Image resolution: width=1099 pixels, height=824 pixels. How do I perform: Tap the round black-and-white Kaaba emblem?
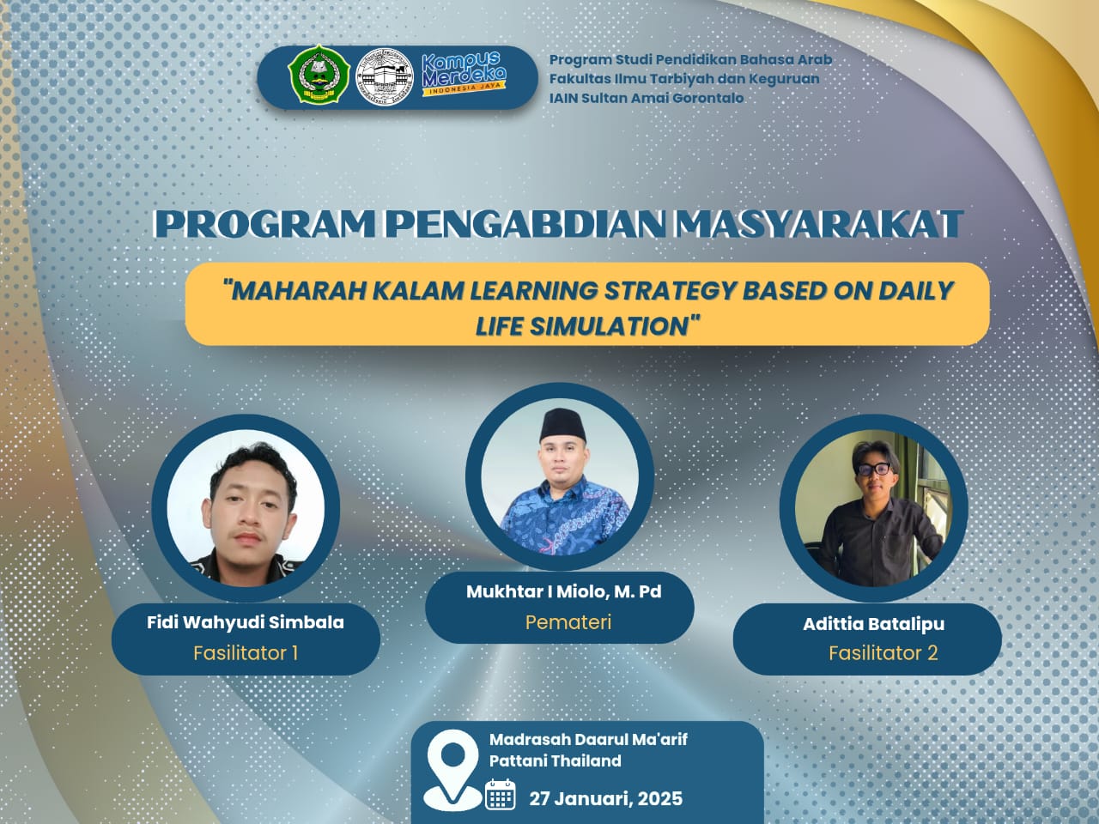385,77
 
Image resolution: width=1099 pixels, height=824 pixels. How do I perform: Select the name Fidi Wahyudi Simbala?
246,623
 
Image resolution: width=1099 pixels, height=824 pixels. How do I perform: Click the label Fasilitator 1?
246,653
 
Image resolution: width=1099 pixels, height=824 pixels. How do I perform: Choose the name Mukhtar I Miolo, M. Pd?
564,592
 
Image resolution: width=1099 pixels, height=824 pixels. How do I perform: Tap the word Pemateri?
568,623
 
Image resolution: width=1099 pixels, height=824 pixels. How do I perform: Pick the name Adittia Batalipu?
874,624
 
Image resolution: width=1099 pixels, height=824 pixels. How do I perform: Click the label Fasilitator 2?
883,653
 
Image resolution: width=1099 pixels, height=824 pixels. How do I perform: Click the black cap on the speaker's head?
563,425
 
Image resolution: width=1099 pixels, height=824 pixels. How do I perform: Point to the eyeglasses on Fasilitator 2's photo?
874,470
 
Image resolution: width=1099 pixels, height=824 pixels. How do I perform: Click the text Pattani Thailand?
556,761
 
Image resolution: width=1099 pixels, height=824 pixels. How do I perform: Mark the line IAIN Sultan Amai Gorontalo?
647,98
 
